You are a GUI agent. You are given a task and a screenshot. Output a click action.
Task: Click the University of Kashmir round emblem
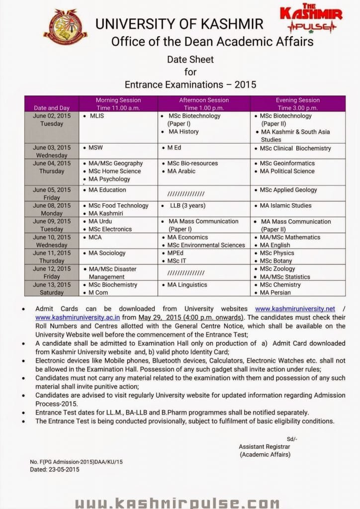[65, 27]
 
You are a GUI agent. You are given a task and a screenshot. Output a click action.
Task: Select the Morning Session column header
[118, 104]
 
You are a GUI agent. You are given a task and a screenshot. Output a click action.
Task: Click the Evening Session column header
[297, 104]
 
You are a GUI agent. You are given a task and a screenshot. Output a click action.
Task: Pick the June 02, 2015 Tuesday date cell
[52, 120]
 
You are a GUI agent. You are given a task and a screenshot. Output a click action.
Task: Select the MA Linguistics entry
[187, 285]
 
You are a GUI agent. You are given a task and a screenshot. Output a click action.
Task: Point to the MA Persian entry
[278, 293]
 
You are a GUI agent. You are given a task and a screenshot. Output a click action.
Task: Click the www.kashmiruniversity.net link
[295, 309]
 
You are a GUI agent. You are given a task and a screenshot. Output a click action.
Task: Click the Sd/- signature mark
[291, 438]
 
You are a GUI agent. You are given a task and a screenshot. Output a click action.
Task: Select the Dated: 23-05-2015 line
[55, 469]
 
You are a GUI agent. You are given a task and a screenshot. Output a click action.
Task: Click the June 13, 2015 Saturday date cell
[52, 289]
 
